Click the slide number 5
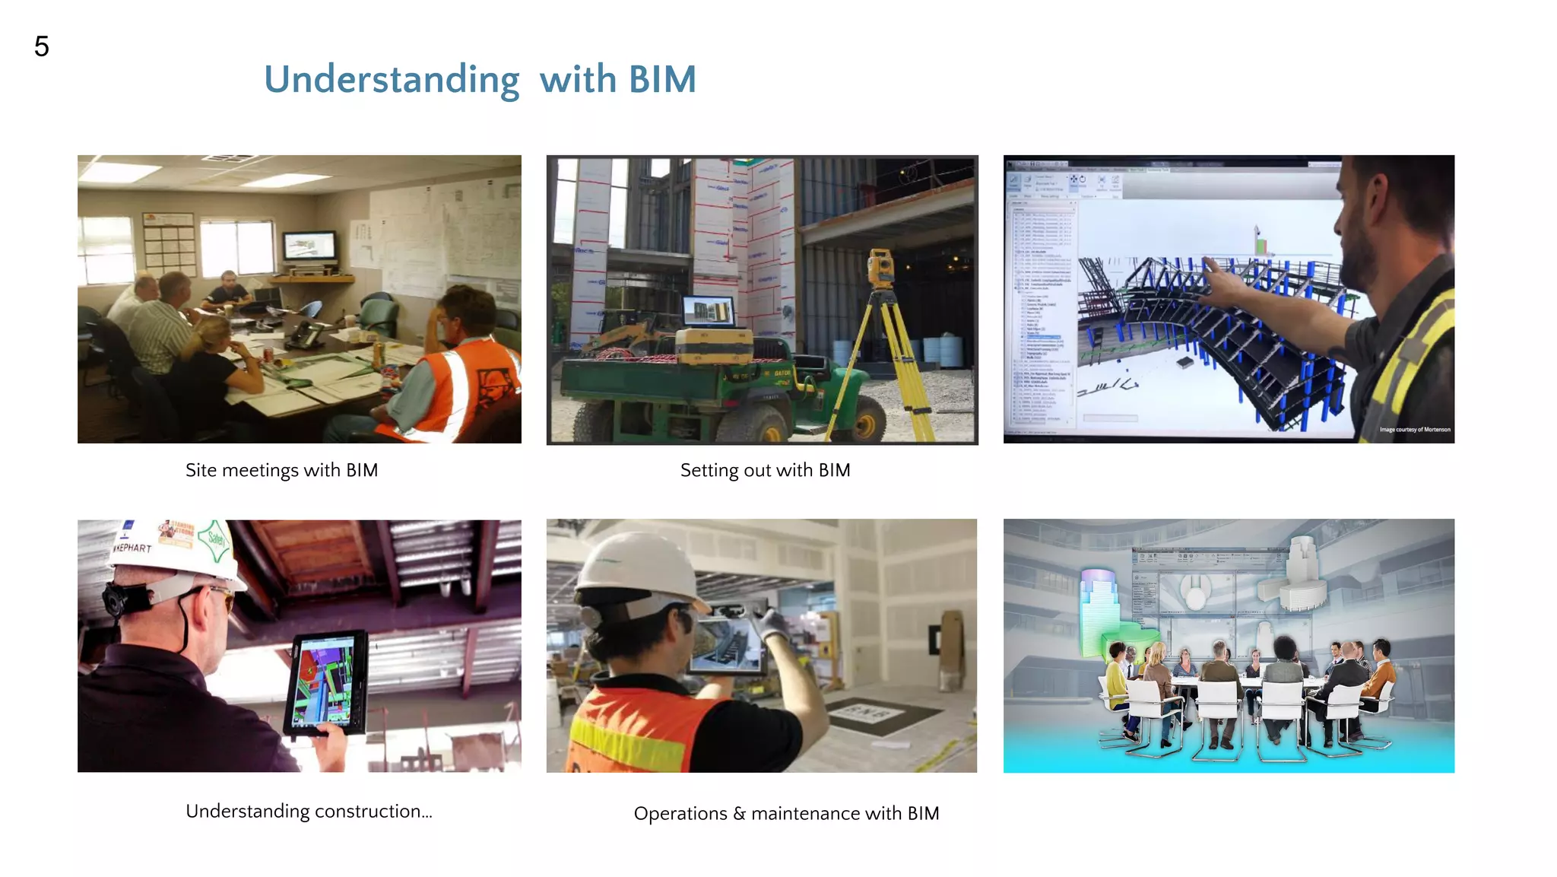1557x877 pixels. point(42,47)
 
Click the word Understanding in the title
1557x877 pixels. point(392,80)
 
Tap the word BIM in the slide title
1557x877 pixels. point(662,80)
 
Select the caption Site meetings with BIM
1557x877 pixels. point(281,470)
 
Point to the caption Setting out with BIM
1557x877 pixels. point(765,470)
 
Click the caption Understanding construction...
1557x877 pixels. point(309,811)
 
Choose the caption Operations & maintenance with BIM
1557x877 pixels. point(786,813)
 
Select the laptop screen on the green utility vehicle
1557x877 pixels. point(709,311)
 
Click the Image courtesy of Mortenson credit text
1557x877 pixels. point(1415,430)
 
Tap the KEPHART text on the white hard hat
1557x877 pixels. point(133,548)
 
